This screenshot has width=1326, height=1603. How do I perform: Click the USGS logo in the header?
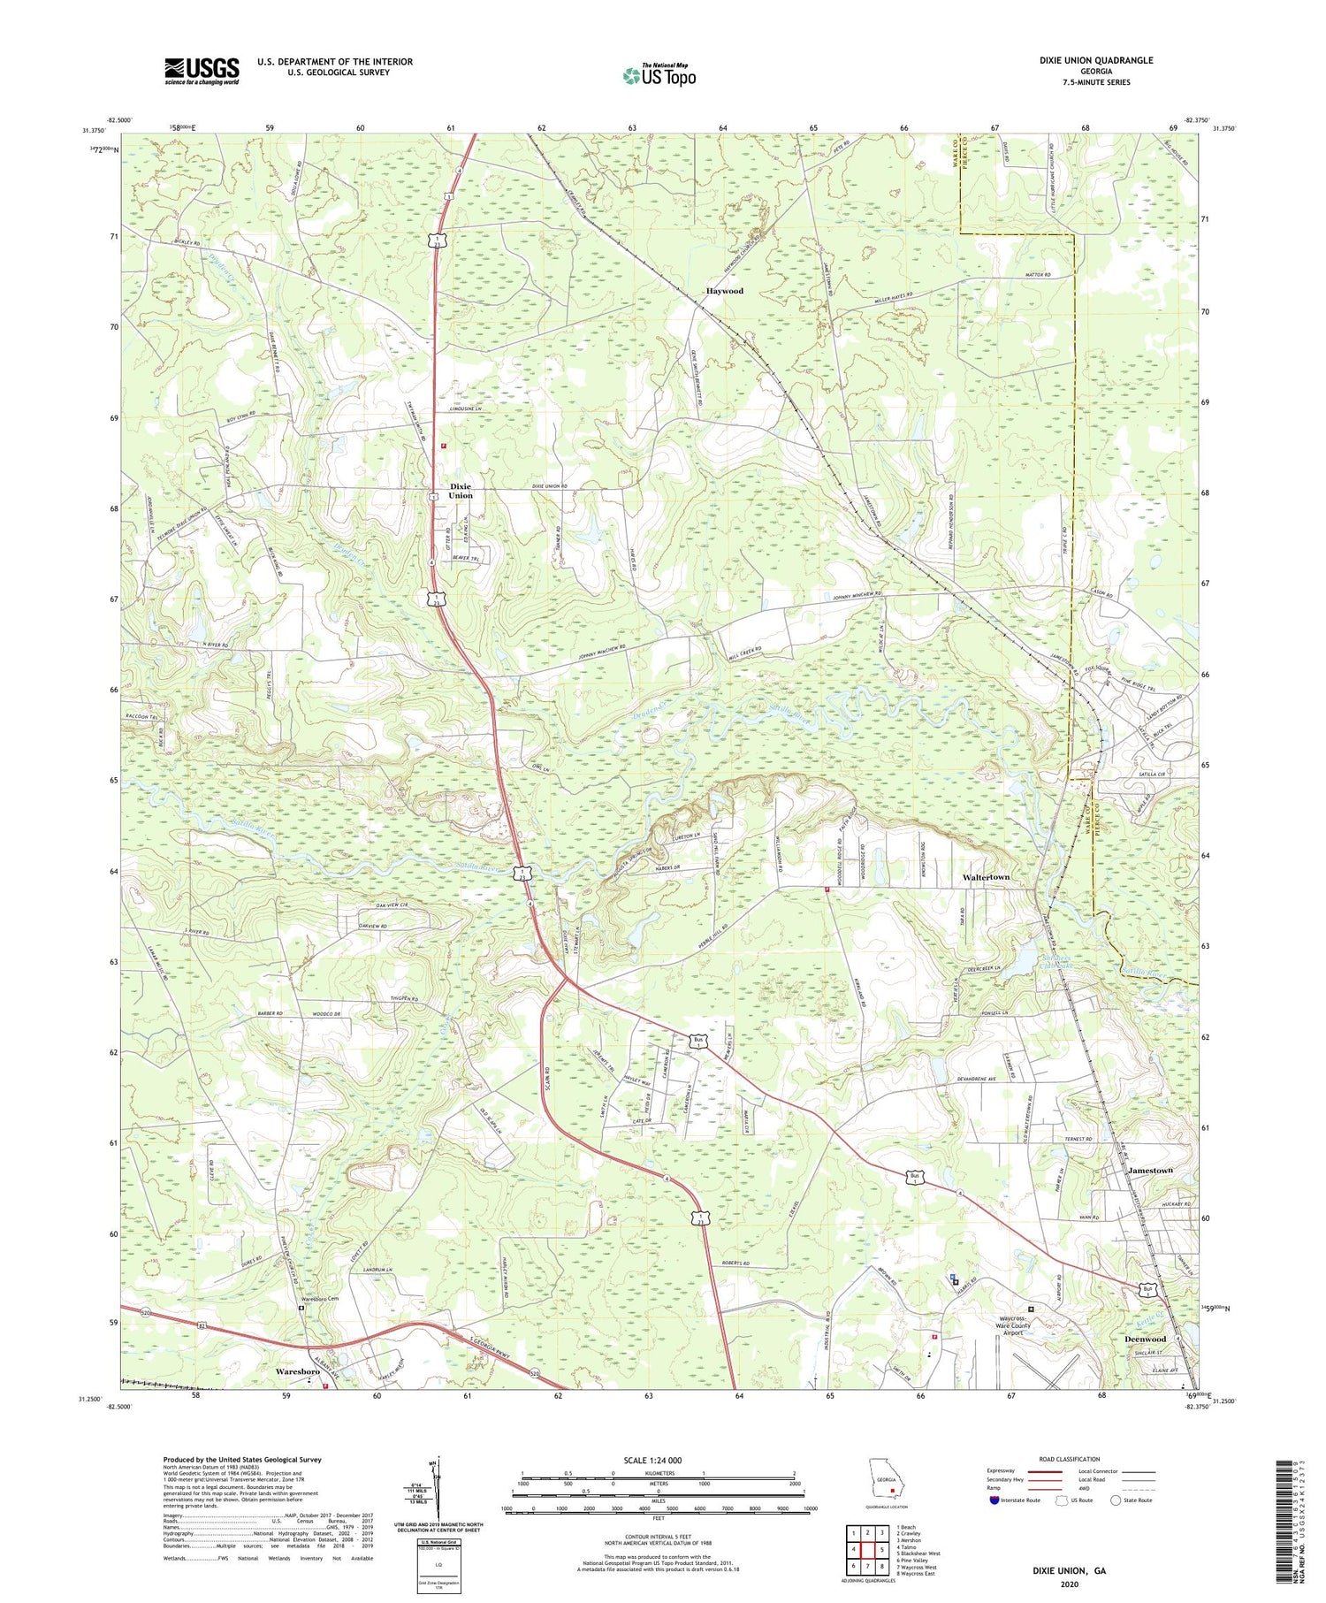(x=202, y=70)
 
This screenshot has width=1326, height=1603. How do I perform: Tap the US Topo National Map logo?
(x=659, y=75)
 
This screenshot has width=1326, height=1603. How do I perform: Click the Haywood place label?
(x=724, y=291)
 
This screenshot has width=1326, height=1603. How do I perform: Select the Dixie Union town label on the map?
(x=461, y=491)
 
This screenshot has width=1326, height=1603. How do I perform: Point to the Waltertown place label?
(x=986, y=877)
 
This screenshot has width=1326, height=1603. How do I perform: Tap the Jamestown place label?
(x=1150, y=1171)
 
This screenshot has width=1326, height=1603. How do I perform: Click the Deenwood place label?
(x=1145, y=1339)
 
